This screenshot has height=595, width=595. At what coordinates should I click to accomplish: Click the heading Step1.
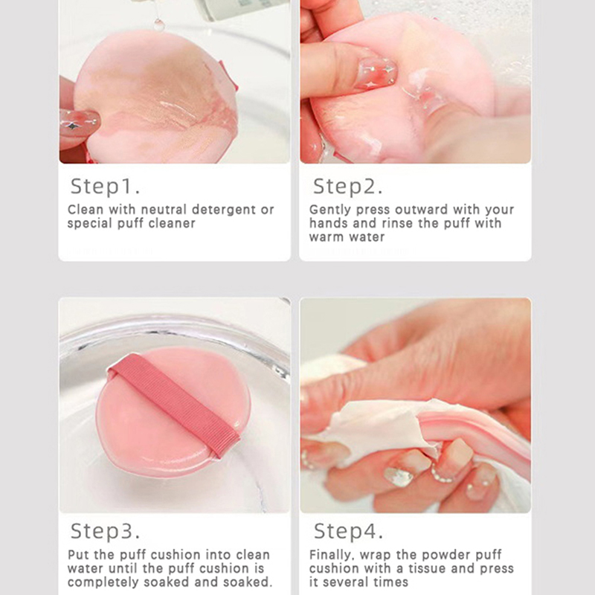105,187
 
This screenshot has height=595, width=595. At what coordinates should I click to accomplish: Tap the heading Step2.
347,187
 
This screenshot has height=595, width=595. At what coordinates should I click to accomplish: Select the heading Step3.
105,531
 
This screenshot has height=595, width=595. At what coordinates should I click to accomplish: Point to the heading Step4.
348,531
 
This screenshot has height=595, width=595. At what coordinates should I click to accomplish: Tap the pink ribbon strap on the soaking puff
175,405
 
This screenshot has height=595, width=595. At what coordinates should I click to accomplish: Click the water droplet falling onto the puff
158,25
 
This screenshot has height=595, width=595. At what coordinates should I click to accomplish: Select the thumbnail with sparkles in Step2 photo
376,73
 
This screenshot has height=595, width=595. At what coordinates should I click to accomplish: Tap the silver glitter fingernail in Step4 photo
399,477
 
